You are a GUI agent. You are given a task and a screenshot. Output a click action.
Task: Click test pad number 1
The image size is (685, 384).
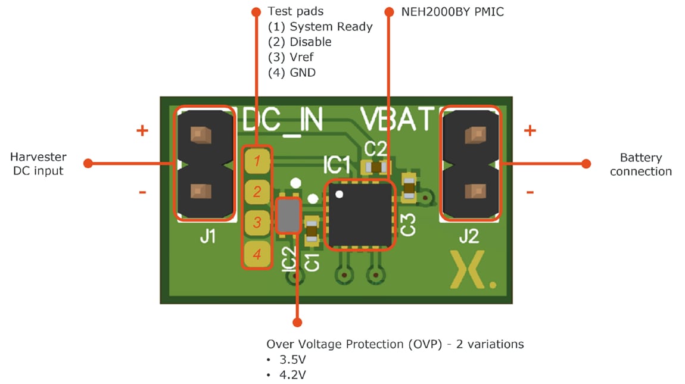pyautogui.click(x=257, y=161)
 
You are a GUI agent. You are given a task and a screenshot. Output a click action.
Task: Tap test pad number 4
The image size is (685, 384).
pyautogui.click(x=257, y=254)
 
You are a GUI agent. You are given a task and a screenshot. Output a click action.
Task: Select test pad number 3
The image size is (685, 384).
pyautogui.click(x=257, y=223)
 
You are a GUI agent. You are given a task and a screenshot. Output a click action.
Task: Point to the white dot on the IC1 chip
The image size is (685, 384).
pyautogui.click(x=339, y=193)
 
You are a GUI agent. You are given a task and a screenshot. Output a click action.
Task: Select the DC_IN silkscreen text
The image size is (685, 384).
pyautogui.click(x=282, y=121)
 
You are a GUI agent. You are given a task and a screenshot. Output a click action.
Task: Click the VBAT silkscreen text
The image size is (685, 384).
pyautogui.click(x=397, y=121)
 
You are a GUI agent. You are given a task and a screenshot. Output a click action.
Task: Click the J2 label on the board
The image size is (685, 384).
pyautogui.click(x=469, y=237)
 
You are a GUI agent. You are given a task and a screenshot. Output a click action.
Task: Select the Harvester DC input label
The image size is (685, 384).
pyautogui.click(x=38, y=164)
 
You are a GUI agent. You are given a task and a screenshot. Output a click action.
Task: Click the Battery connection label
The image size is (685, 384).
pyautogui.click(x=640, y=164)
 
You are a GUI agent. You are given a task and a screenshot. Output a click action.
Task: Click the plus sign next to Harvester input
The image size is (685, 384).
pyautogui.click(x=142, y=130)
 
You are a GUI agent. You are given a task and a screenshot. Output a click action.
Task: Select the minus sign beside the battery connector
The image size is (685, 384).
pyautogui.click(x=530, y=192)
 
